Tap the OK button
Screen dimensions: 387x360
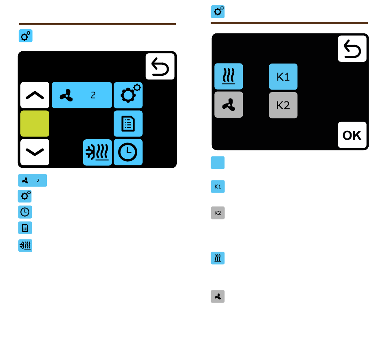pos(352,135)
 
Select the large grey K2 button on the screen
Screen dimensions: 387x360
pos(283,105)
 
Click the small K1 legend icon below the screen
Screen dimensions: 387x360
pos(218,187)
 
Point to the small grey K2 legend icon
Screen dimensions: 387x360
pos(218,213)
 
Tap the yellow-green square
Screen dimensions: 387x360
pos(35,123)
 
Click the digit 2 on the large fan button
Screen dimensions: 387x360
pos(93,95)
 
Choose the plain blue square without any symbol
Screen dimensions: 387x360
pos(218,162)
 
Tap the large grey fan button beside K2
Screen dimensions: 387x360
pos(229,105)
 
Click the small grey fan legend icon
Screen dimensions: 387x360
pos(218,296)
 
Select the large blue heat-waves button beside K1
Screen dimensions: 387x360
pos(229,77)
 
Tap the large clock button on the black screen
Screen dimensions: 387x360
pos(128,152)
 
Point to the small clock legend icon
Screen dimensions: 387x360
pos(25,212)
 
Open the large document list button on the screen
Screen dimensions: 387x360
pos(128,123)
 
